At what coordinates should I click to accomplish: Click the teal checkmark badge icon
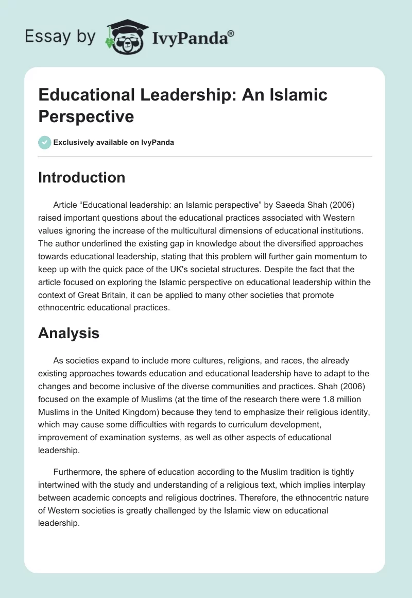click(45, 142)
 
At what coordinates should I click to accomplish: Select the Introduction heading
click(82, 177)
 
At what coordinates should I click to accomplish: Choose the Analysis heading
click(68, 333)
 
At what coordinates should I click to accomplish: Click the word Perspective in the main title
click(86, 116)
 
